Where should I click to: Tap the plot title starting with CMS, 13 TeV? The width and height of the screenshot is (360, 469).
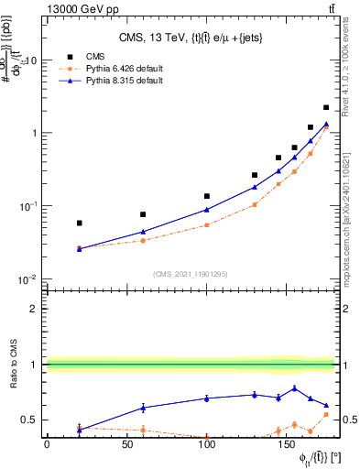[189, 37]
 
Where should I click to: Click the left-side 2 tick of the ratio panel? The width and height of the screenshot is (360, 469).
[34, 309]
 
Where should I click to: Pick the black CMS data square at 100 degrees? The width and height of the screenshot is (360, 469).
[207, 196]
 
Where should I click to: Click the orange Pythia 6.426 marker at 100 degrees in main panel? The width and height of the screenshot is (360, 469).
[207, 224]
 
